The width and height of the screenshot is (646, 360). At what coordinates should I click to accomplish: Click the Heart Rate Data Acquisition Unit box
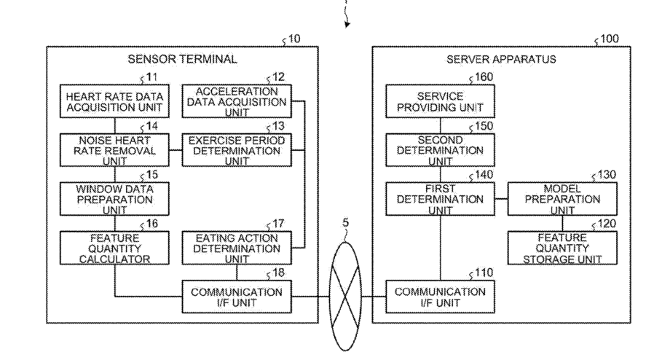114,101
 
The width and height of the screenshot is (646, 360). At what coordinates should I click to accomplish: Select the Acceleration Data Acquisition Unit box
237,101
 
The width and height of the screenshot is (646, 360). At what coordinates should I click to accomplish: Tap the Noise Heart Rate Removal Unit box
114,150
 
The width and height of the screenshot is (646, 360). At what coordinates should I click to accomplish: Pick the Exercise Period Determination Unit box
237,150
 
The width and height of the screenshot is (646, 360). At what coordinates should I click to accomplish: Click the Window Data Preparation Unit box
114,199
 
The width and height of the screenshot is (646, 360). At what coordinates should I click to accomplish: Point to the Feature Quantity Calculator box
114,248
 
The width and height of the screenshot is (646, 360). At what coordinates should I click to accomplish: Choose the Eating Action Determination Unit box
237,248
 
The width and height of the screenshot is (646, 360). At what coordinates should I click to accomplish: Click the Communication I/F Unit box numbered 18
237,297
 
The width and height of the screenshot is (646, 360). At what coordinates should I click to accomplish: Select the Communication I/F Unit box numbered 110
440,297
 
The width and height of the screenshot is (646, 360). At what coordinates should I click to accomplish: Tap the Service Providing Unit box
440,101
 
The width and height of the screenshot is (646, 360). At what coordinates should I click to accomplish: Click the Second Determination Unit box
440,150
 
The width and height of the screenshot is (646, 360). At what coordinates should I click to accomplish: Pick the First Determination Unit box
440,199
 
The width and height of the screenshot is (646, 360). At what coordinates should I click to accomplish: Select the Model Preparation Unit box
562,199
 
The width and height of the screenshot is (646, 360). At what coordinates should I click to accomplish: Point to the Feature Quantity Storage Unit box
562,248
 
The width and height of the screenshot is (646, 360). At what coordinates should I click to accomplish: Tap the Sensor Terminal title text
182,59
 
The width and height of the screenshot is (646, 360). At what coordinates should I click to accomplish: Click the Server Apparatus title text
501,59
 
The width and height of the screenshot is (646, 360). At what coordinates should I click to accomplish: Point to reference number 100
610,39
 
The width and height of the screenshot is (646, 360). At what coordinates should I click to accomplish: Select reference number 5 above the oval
345,223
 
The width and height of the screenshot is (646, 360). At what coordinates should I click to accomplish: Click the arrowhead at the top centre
347,25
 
